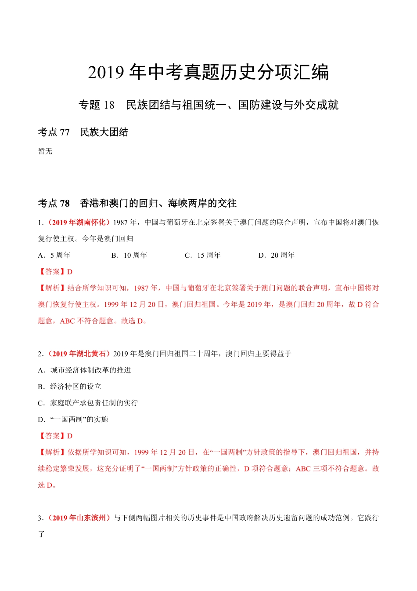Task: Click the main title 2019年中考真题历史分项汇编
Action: point(208,73)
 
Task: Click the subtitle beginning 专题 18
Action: point(208,105)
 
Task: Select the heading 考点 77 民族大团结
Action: point(83,132)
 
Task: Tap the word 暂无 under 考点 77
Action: point(45,151)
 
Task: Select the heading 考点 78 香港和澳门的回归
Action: point(137,203)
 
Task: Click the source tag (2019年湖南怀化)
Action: point(77,223)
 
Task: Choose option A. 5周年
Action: point(54,255)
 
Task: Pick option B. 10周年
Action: point(129,255)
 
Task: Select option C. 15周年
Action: point(203,255)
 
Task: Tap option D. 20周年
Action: point(277,255)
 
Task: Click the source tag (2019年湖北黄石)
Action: point(77,354)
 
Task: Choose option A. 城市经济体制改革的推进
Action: point(84,370)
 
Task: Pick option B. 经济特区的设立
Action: point(69,387)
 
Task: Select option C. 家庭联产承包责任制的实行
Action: point(88,403)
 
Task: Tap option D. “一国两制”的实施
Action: point(73,420)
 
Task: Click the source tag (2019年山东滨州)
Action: point(78,518)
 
